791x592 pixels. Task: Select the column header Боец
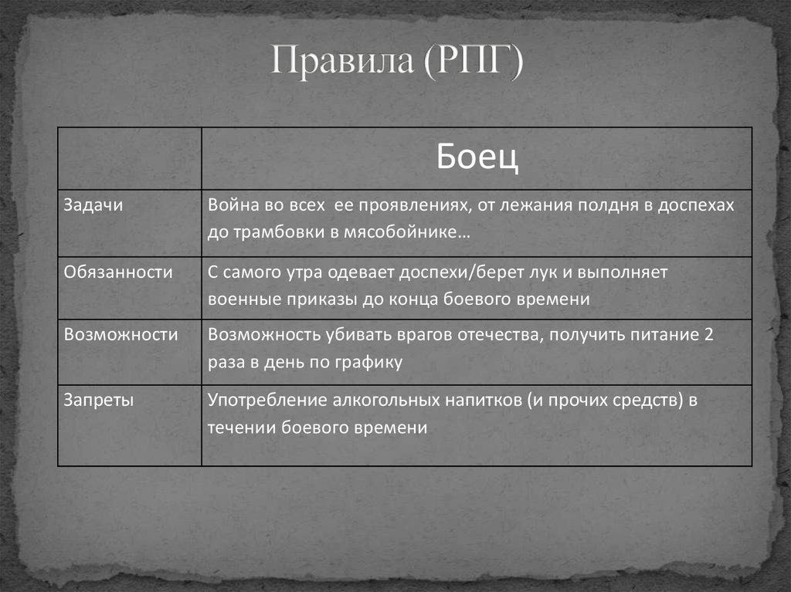coord(477,157)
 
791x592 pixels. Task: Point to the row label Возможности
coord(121,334)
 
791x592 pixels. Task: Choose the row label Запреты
coord(99,400)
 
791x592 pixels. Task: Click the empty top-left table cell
coord(129,157)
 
